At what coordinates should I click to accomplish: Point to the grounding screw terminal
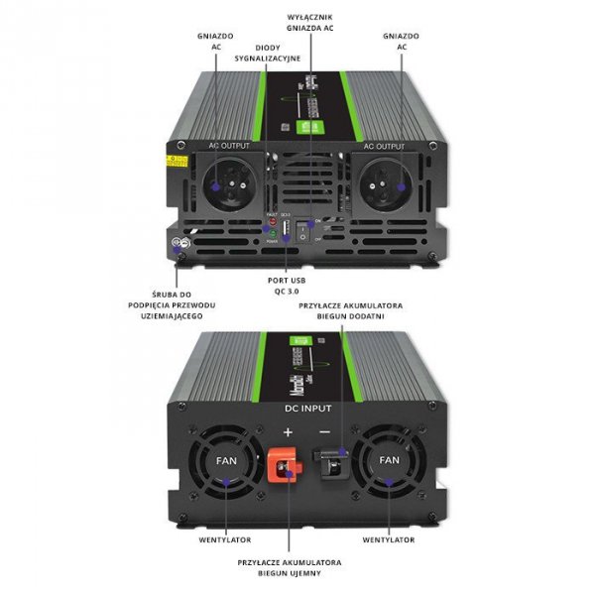click(x=178, y=248)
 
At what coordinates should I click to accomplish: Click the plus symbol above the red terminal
click(x=289, y=432)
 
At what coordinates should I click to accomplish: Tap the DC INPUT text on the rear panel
click(x=308, y=408)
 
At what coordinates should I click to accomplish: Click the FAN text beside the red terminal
click(x=227, y=460)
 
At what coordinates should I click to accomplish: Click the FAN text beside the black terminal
click(x=390, y=460)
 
